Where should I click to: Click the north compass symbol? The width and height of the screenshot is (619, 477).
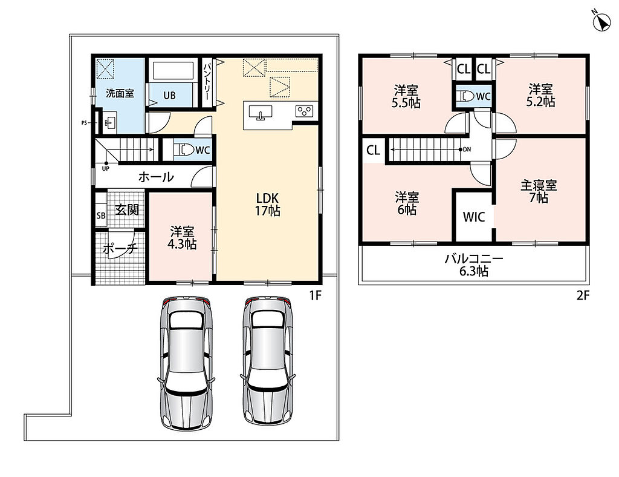pos(601,21)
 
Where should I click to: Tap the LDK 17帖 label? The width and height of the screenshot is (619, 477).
pos(268,205)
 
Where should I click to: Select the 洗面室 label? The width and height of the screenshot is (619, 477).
pos(120,93)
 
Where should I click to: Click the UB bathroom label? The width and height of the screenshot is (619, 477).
pos(169,95)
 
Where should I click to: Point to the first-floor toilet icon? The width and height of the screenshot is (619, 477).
pos(186,150)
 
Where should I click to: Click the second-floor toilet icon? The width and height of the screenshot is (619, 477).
pos(467,96)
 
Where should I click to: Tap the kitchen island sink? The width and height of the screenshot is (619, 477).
pos(261,112)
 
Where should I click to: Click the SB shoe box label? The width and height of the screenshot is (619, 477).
pos(101,215)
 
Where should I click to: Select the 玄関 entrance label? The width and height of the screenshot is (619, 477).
pos(127,210)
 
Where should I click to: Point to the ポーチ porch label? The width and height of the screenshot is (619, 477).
pos(120,249)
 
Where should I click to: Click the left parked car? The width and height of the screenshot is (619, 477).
pos(186,363)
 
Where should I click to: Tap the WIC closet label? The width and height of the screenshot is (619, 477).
pos(474,217)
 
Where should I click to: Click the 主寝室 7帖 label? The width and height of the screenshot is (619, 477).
pos(539,191)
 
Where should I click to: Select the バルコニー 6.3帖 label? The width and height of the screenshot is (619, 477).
pos(474,265)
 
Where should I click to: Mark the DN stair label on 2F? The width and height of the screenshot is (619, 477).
pos(467,150)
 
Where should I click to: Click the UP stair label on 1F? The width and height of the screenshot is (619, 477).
pos(105,168)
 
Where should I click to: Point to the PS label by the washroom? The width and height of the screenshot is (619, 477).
pos(84,123)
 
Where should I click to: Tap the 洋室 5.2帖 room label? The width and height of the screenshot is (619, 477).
pos(540,96)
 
